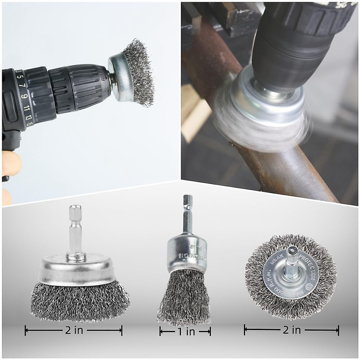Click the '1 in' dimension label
[x=185, y=331]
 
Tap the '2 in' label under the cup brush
[x=74, y=331]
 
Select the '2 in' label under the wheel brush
[x=291, y=330]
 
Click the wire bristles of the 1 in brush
[x=184, y=297]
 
